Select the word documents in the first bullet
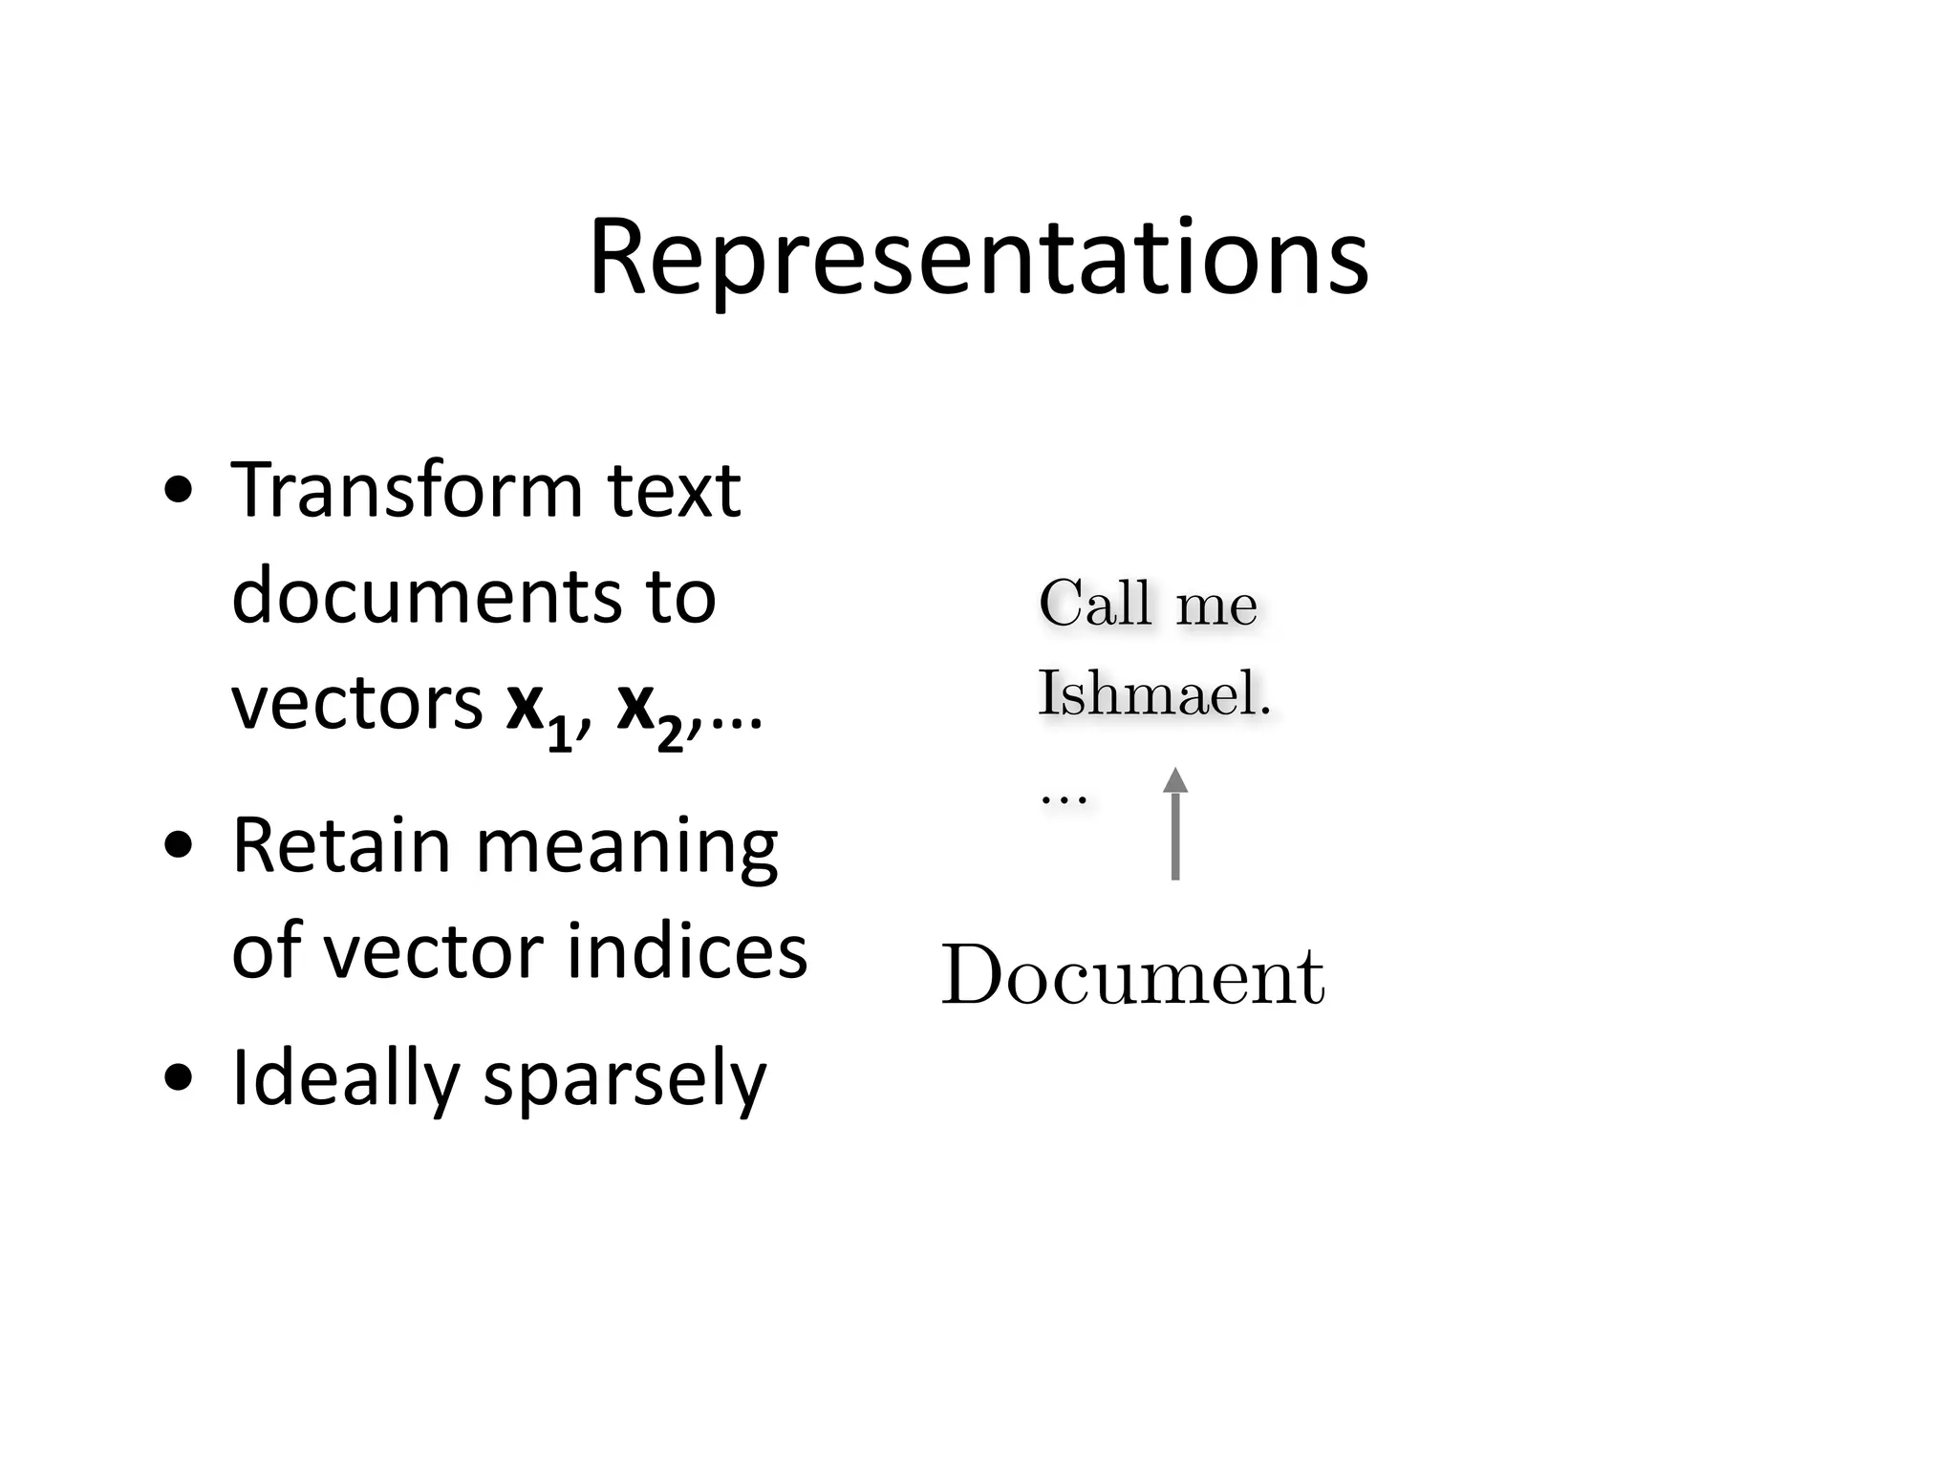point(421,597)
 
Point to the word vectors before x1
point(357,705)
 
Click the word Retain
point(341,845)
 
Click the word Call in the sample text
point(1095,604)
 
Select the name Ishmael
point(1153,693)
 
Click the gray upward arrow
point(1175,823)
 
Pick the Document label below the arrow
point(1133,976)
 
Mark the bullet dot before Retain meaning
point(179,845)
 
